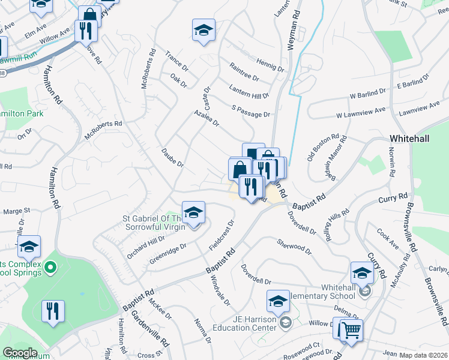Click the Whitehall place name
tap(409, 138)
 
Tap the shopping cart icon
tap(351, 329)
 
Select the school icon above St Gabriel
tap(193, 212)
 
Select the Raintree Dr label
tap(244, 72)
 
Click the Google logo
tap(20, 353)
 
